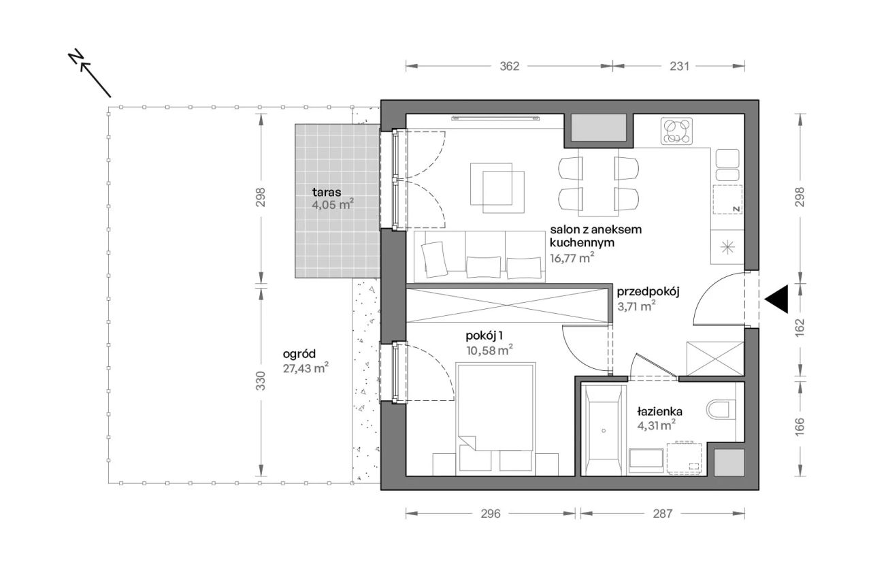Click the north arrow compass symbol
coord(90,73)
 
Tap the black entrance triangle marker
coord(776,299)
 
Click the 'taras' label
coord(327,192)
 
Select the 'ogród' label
coord(299,354)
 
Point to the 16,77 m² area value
coord(572,257)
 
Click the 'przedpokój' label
coord(648,292)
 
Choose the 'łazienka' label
coord(659,411)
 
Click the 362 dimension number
coord(510,67)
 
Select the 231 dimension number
coord(679,67)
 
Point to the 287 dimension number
coord(663,514)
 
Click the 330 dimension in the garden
coord(261,381)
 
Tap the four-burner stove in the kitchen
coord(677,131)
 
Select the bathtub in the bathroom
coord(604,430)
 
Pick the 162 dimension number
coord(800,327)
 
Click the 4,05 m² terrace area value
coord(333,205)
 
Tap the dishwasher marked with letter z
coord(727,199)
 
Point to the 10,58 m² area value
coord(489,351)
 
